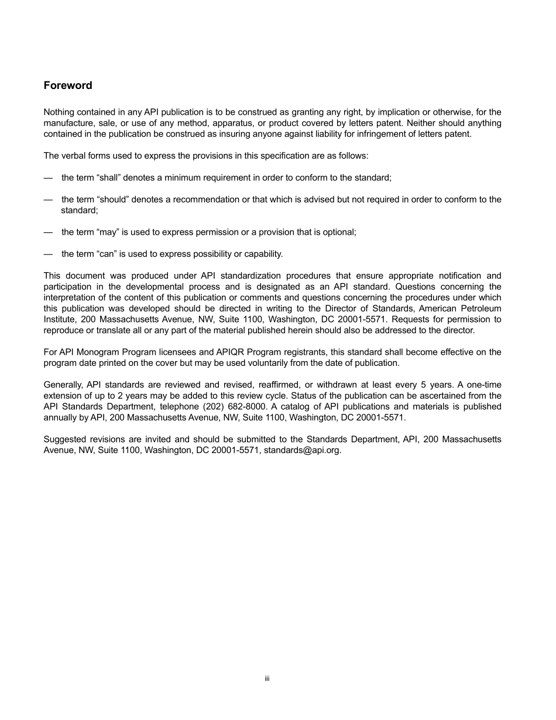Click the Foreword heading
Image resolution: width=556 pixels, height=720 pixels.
(x=68, y=85)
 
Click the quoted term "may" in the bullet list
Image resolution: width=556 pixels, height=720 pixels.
(x=107, y=232)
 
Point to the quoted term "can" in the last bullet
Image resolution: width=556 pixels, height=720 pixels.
(x=106, y=254)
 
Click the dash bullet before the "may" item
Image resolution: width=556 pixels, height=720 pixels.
(x=48, y=232)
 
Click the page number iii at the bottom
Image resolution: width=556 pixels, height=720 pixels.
(x=267, y=679)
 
